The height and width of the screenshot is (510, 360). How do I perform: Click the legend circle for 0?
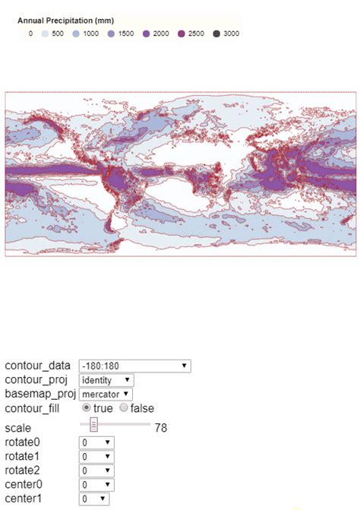tap(21, 34)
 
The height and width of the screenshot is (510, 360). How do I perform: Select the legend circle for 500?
tap(44, 34)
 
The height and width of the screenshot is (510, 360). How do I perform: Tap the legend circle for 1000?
tap(75, 34)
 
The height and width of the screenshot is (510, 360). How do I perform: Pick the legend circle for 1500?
tap(110, 34)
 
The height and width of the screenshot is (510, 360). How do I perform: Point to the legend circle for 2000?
tap(145, 34)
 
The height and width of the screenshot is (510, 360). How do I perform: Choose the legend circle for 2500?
tap(181, 34)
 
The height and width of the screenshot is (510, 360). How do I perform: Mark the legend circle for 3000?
tap(216, 34)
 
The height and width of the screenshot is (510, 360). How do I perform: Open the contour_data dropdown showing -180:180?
tap(134, 366)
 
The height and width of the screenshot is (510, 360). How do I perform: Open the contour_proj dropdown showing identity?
tap(106, 380)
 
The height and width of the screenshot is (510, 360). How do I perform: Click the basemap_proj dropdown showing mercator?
tap(106, 394)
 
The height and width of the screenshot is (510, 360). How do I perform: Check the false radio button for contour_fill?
tap(124, 408)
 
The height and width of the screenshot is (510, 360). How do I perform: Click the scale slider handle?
tap(93, 424)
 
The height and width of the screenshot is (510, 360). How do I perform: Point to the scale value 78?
tap(161, 428)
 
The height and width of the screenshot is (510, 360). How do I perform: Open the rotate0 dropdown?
tap(96, 442)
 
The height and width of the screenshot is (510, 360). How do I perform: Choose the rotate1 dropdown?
tap(96, 457)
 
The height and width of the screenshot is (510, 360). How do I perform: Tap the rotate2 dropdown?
tap(96, 470)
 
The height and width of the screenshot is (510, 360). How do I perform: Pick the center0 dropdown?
tap(96, 485)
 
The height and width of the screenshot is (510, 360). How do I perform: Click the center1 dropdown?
tap(94, 499)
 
